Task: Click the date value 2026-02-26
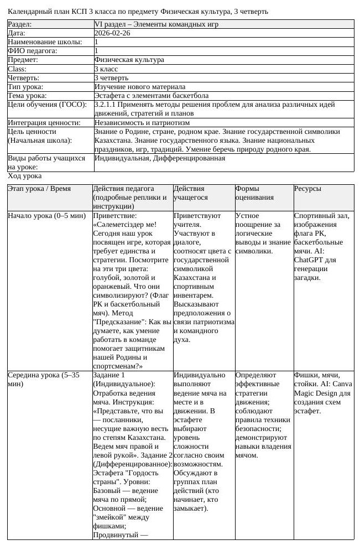click(113, 33)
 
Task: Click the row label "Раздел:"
click(20, 24)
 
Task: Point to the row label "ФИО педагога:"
click(32, 51)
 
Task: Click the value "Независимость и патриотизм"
click(142, 122)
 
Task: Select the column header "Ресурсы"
click(307, 189)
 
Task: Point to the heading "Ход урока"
click(24, 176)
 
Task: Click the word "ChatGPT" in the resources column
click(309, 259)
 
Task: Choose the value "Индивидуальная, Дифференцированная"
click(160, 158)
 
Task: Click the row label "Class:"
click(17, 69)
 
